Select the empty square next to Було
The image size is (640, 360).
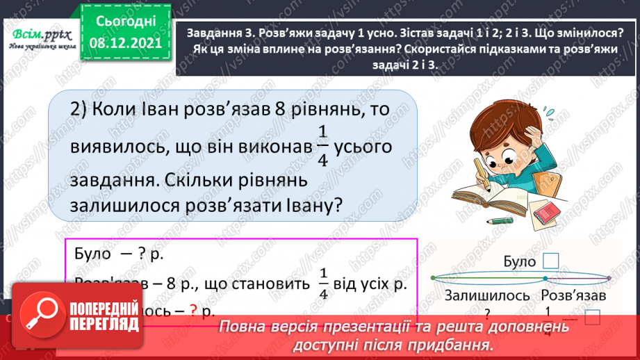pos(550,261)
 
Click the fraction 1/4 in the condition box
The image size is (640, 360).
pos(322,283)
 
